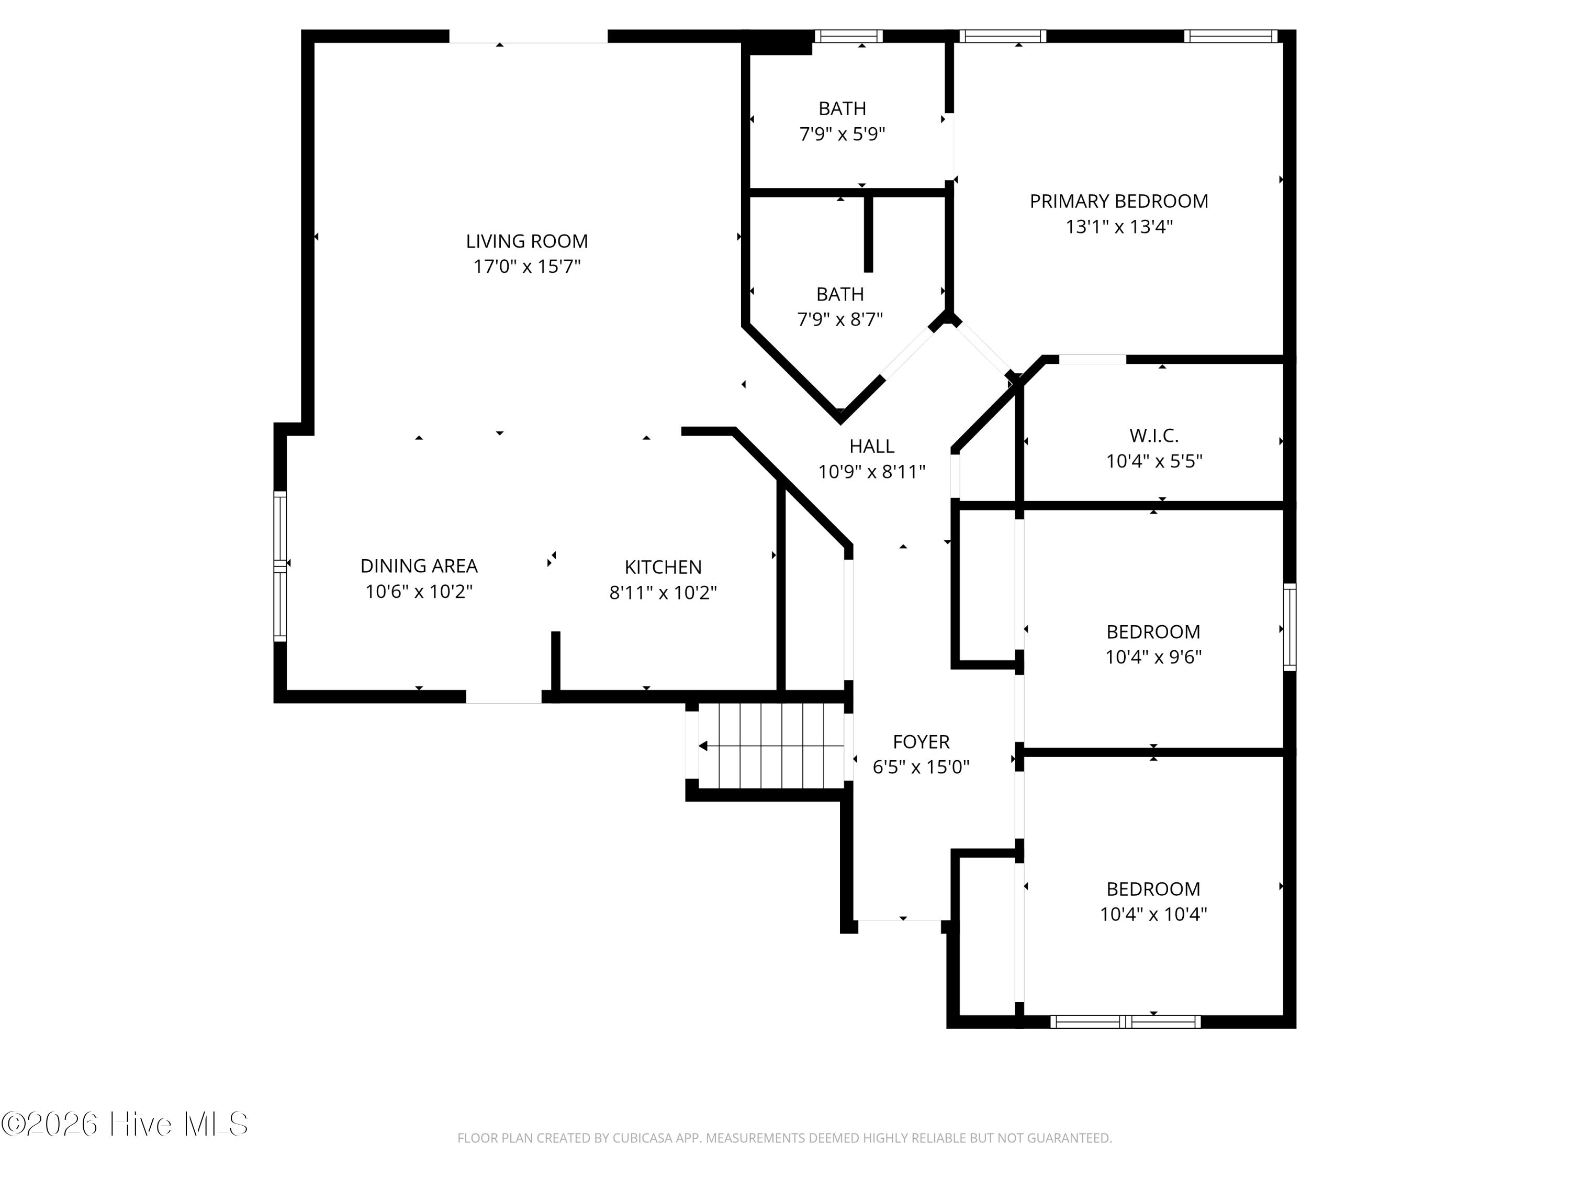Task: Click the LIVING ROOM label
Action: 526,241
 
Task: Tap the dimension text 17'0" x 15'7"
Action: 526,267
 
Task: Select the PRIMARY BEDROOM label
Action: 1118,202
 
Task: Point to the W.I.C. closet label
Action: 1154,435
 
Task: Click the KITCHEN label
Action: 663,568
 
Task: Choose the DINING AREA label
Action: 419,566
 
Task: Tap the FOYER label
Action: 921,742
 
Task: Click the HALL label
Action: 871,447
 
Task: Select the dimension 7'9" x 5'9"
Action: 843,134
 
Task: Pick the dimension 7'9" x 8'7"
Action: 840,319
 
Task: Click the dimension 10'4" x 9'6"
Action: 1153,657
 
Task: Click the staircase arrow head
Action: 703,746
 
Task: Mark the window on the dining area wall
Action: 281,566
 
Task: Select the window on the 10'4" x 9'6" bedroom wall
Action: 1289,627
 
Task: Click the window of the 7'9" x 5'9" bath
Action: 848,36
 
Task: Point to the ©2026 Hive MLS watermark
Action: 125,1124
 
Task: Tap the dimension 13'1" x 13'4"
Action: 1118,227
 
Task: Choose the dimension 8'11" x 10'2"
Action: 663,593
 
